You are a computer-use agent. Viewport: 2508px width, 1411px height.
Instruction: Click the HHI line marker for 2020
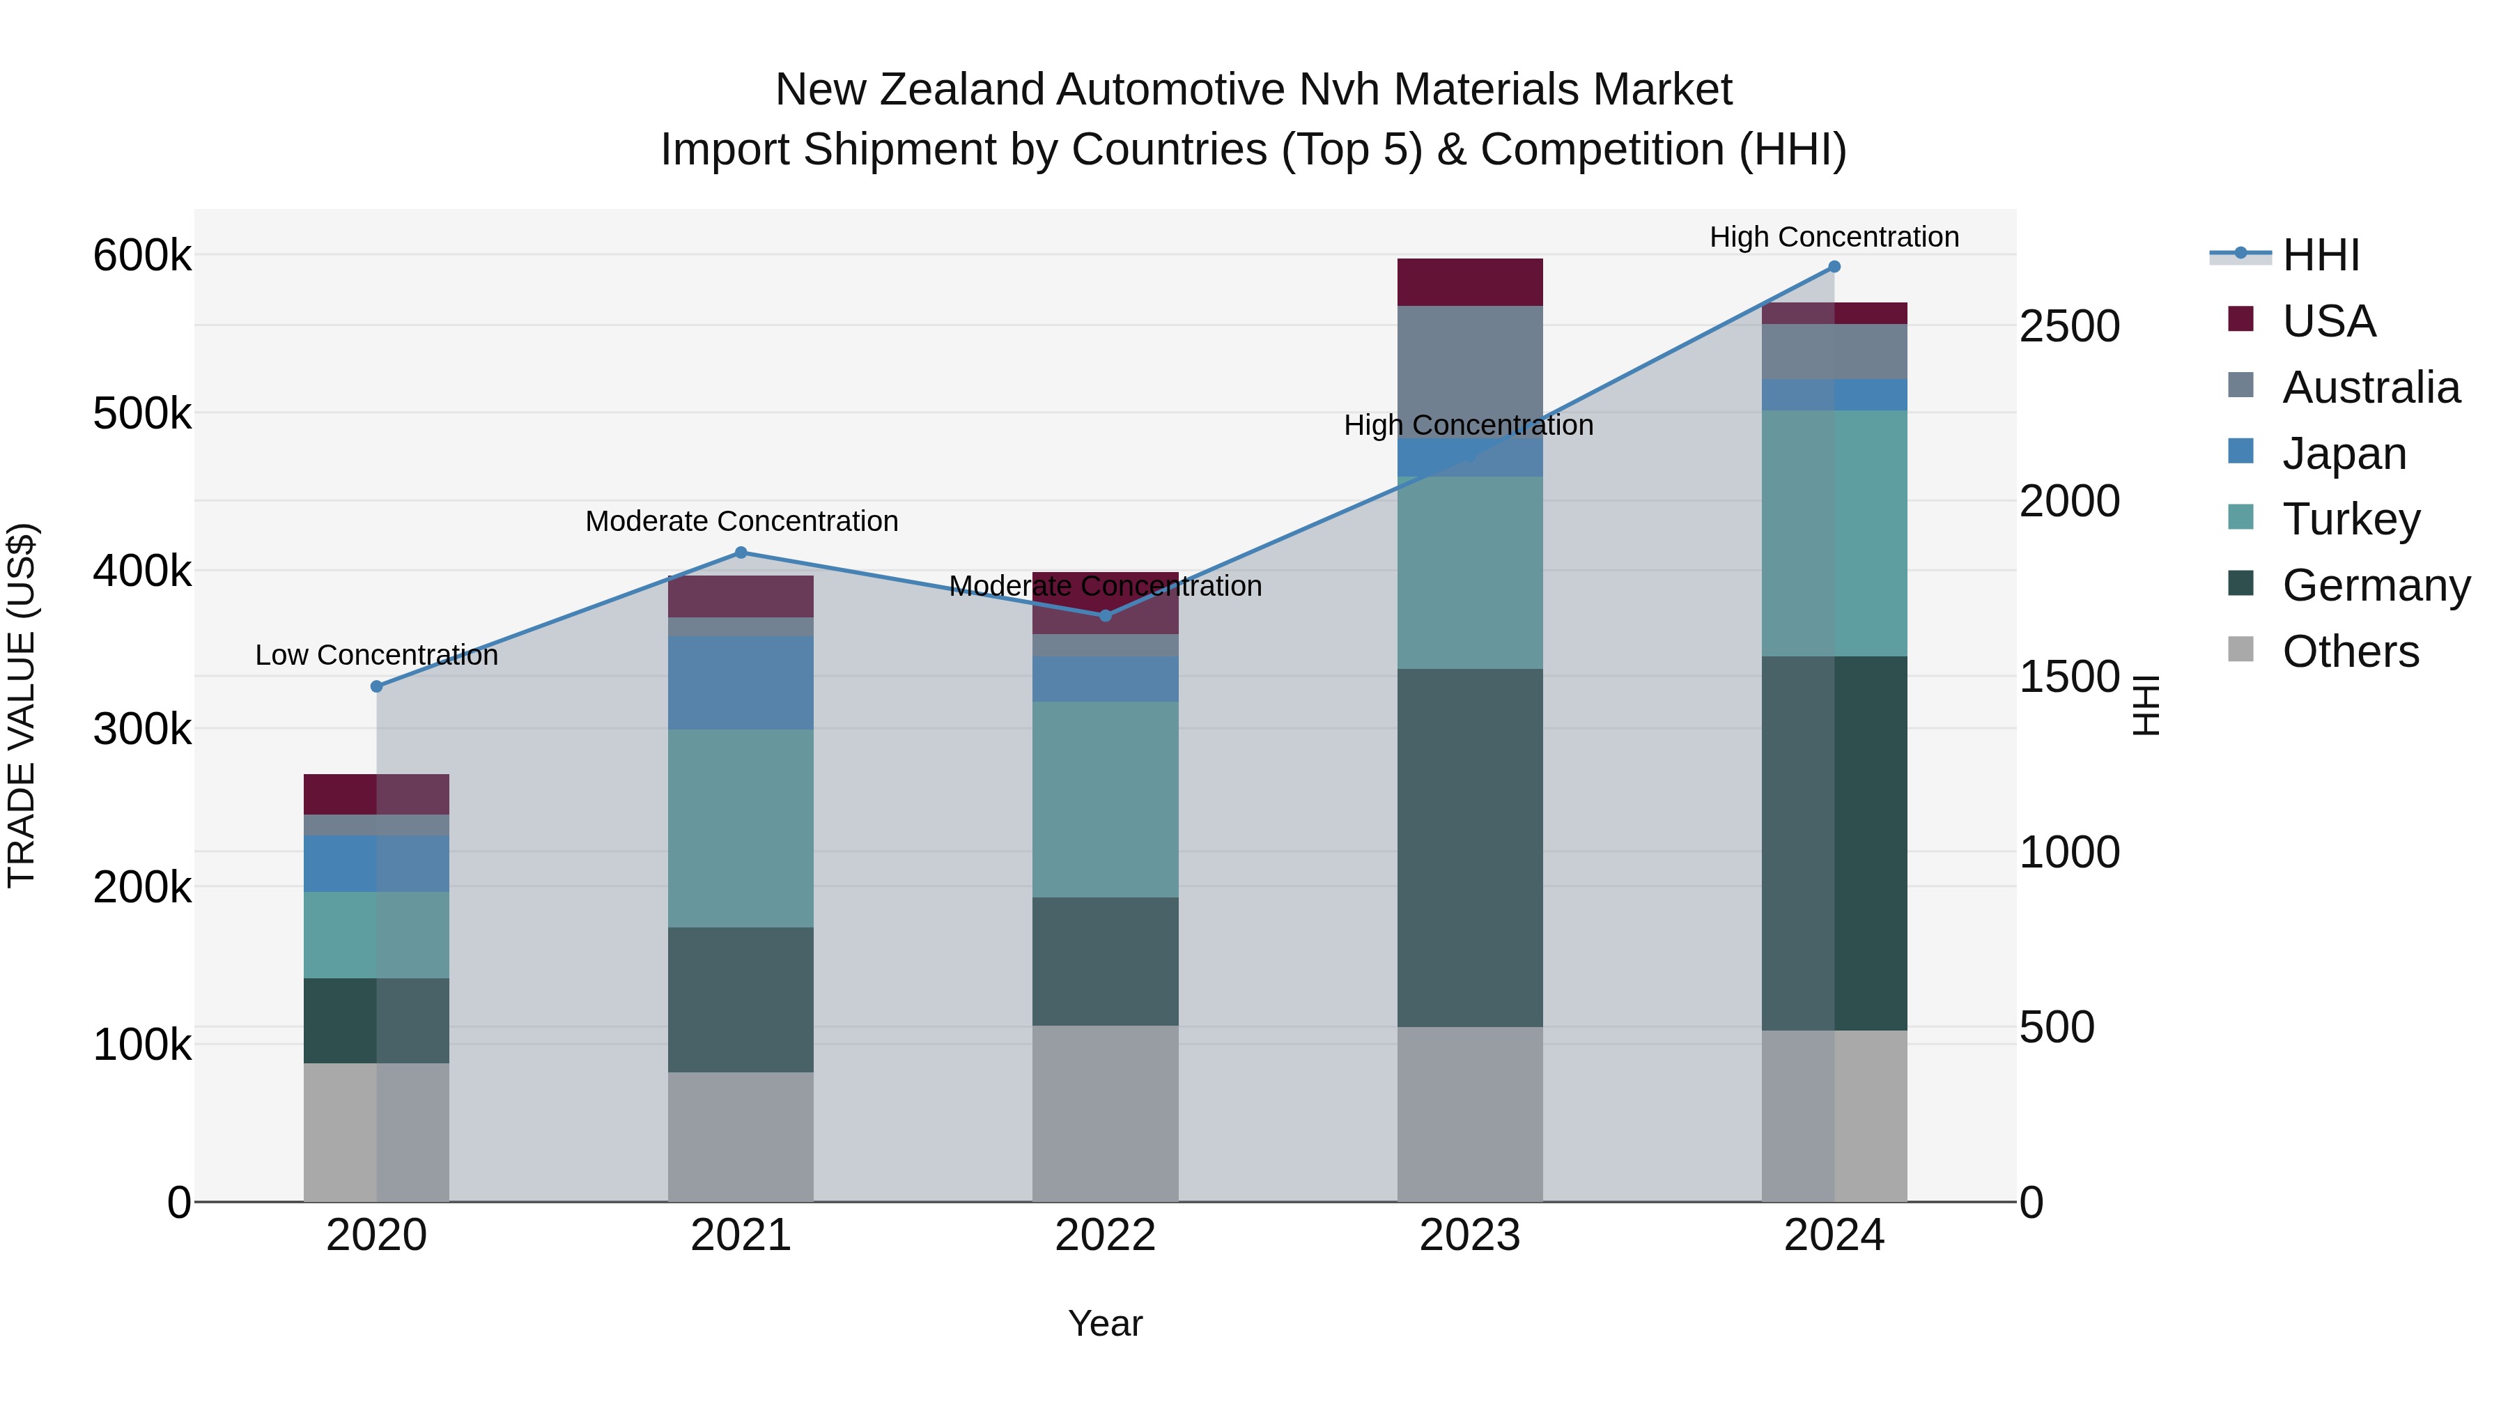point(377,686)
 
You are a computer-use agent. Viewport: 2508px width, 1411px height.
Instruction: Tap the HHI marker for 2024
point(1834,266)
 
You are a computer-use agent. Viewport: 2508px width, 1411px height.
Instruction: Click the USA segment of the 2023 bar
point(1469,282)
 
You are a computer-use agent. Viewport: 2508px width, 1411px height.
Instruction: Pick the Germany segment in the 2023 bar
point(1469,847)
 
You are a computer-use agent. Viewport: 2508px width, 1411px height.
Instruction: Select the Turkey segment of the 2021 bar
point(741,828)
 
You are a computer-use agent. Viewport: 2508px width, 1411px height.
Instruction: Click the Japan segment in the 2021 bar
point(741,681)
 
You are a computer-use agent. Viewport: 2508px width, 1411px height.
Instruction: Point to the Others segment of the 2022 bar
point(1105,1113)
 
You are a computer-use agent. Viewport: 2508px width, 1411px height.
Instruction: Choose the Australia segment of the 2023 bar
point(1469,370)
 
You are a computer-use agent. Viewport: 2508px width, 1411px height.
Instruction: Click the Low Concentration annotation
point(377,656)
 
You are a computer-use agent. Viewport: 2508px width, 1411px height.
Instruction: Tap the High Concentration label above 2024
point(1834,237)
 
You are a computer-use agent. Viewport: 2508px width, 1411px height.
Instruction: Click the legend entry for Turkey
point(2351,519)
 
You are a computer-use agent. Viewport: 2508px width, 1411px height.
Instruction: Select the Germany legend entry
point(2376,585)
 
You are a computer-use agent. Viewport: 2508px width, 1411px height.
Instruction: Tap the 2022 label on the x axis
point(1105,1235)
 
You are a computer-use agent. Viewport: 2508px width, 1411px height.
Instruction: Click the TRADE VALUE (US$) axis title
point(22,705)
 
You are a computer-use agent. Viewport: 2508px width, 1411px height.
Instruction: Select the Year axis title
point(1105,1323)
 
